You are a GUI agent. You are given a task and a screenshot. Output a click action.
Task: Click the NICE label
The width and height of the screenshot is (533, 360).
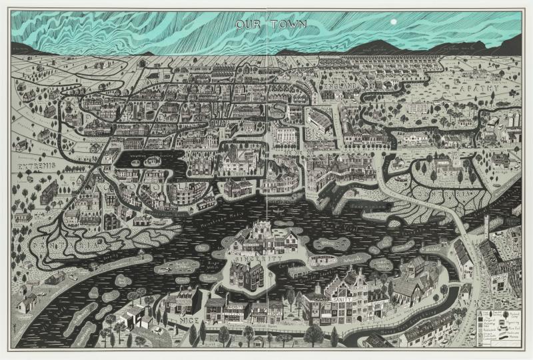tap(173, 320)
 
